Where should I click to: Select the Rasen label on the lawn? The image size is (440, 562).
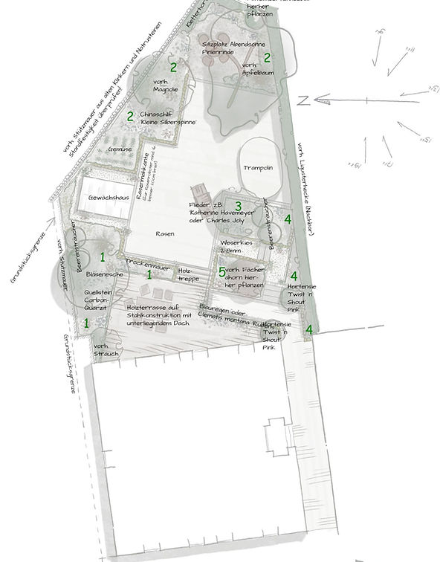coord(165,233)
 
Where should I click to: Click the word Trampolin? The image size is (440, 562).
coord(257,168)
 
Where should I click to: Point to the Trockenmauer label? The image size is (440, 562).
coord(149,263)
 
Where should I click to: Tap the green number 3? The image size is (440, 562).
coord(238,206)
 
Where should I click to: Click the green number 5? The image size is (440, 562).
coord(221,272)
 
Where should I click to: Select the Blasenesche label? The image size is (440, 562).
coord(103,274)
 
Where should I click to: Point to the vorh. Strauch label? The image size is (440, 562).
coord(106,351)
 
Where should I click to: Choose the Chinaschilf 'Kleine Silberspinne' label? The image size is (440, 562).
coord(167,117)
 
